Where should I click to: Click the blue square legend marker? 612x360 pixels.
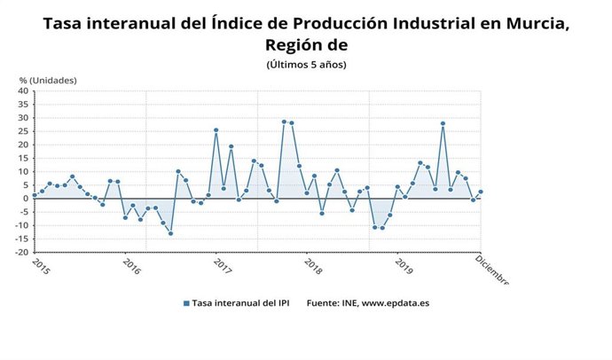tap(186, 303)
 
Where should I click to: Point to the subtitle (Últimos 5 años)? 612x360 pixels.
tap(306, 65)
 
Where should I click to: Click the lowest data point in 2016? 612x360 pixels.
tap(170, 233)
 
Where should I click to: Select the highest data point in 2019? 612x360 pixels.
tap(442, 123)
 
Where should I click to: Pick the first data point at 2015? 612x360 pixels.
tap(34, 195)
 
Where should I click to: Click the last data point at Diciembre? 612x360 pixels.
tap(481, 192)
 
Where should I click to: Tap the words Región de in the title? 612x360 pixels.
tap(306, 45)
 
